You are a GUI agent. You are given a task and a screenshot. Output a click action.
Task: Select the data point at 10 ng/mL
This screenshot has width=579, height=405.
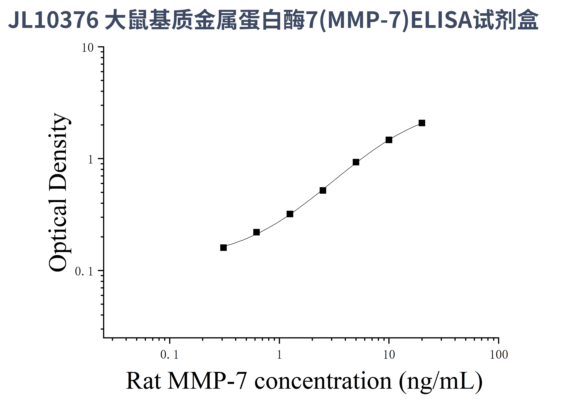pyautogui.click(x=389, y=140)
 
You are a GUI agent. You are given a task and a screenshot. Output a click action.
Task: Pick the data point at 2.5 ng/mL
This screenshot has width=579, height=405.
pyautogui.click(x=323, y=190)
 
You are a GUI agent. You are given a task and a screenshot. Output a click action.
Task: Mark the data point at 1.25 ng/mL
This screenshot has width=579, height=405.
pyautogui.click(x=290, y=214)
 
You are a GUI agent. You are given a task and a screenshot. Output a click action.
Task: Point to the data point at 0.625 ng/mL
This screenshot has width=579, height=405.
pyautogui.click(x=256, y=232)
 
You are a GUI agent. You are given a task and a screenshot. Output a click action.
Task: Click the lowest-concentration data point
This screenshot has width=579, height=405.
pyautogui.click(x=223, y=248)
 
